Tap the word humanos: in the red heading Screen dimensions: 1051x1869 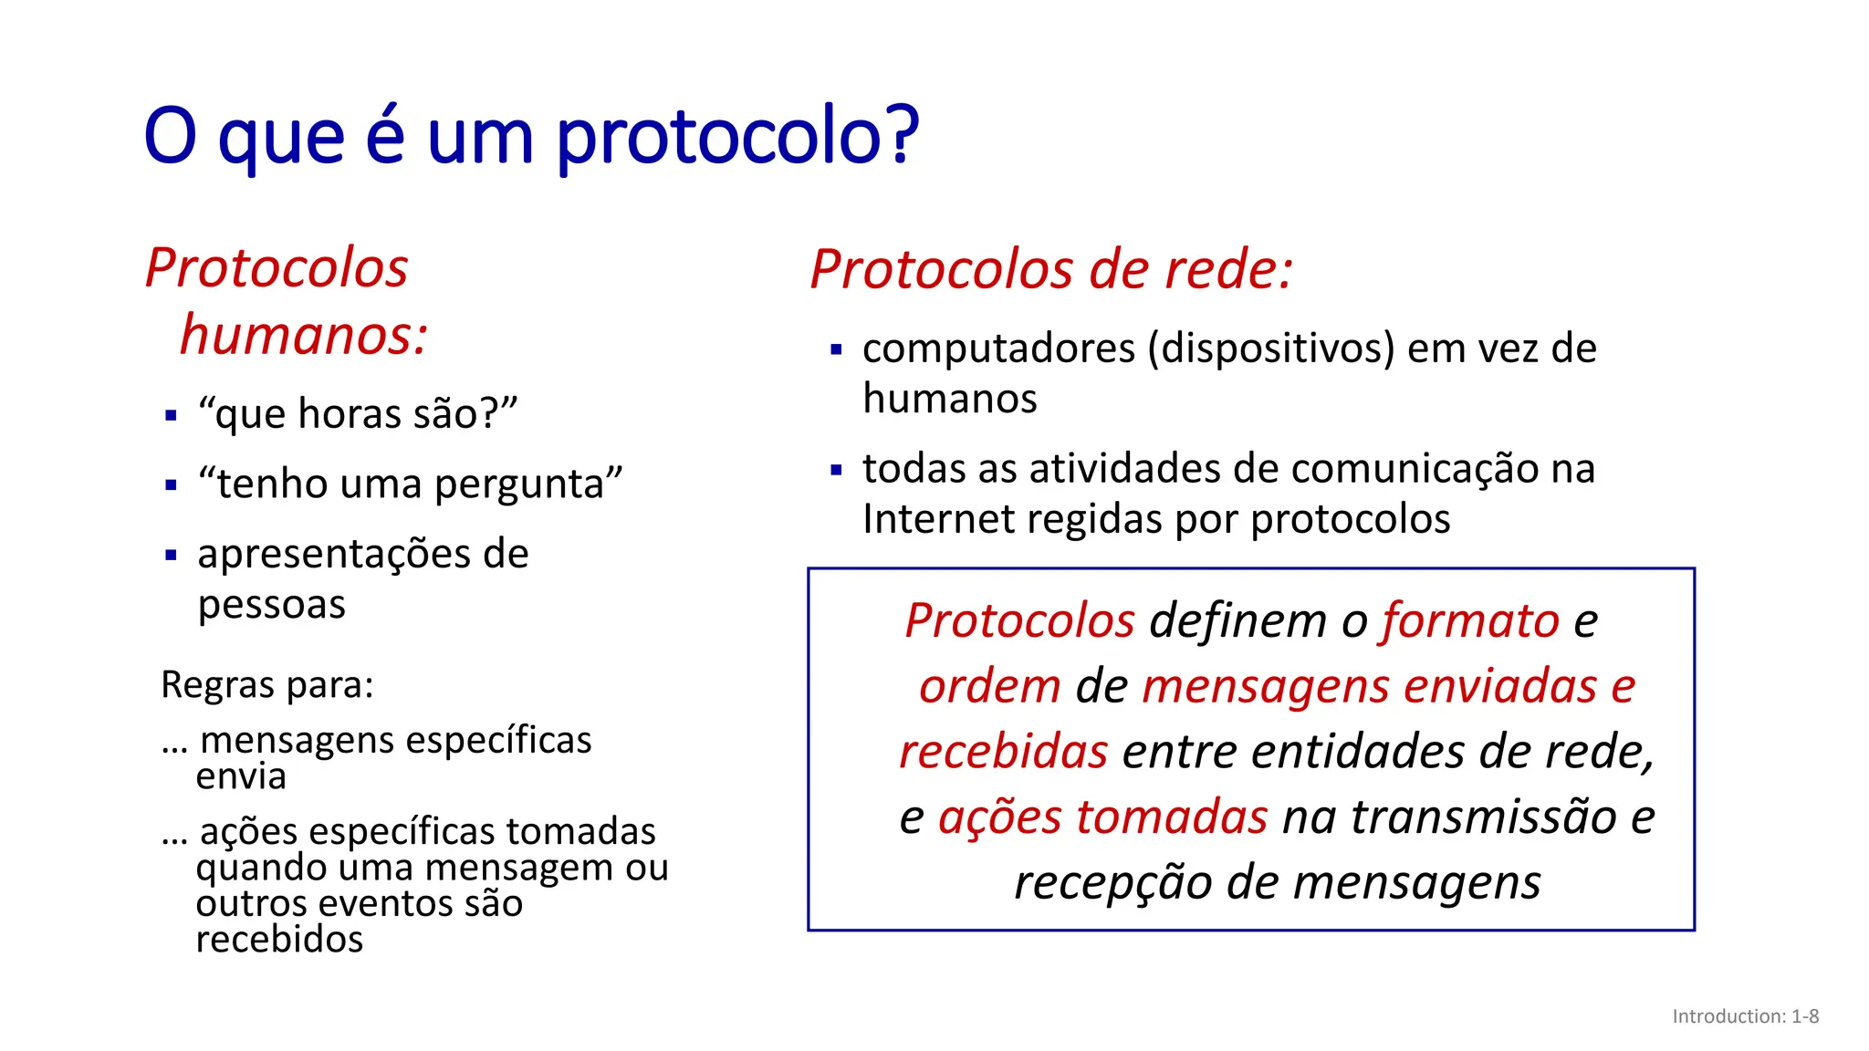[x=304, y=335]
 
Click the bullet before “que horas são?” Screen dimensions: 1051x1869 [x=171, y=416]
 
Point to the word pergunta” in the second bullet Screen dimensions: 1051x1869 [x=528, y=484]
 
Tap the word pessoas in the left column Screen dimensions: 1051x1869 [x=272, y=605]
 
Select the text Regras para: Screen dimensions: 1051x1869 [x=267, y=684]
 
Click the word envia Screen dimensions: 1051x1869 [x=241, y=776]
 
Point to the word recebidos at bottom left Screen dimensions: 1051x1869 [x=279, y=940]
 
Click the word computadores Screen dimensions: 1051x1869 [x=999, y=349]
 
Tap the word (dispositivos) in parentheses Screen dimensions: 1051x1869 [x=1271, y=349]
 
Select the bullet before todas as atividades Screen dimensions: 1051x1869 [x=836, y=471]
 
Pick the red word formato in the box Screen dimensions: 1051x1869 [x=1470, y=621]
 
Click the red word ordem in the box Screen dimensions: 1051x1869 [x=990, y=686]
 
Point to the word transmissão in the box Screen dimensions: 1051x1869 [x=1482, y=817]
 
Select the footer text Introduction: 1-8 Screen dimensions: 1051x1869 [x=1745, y=1016]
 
